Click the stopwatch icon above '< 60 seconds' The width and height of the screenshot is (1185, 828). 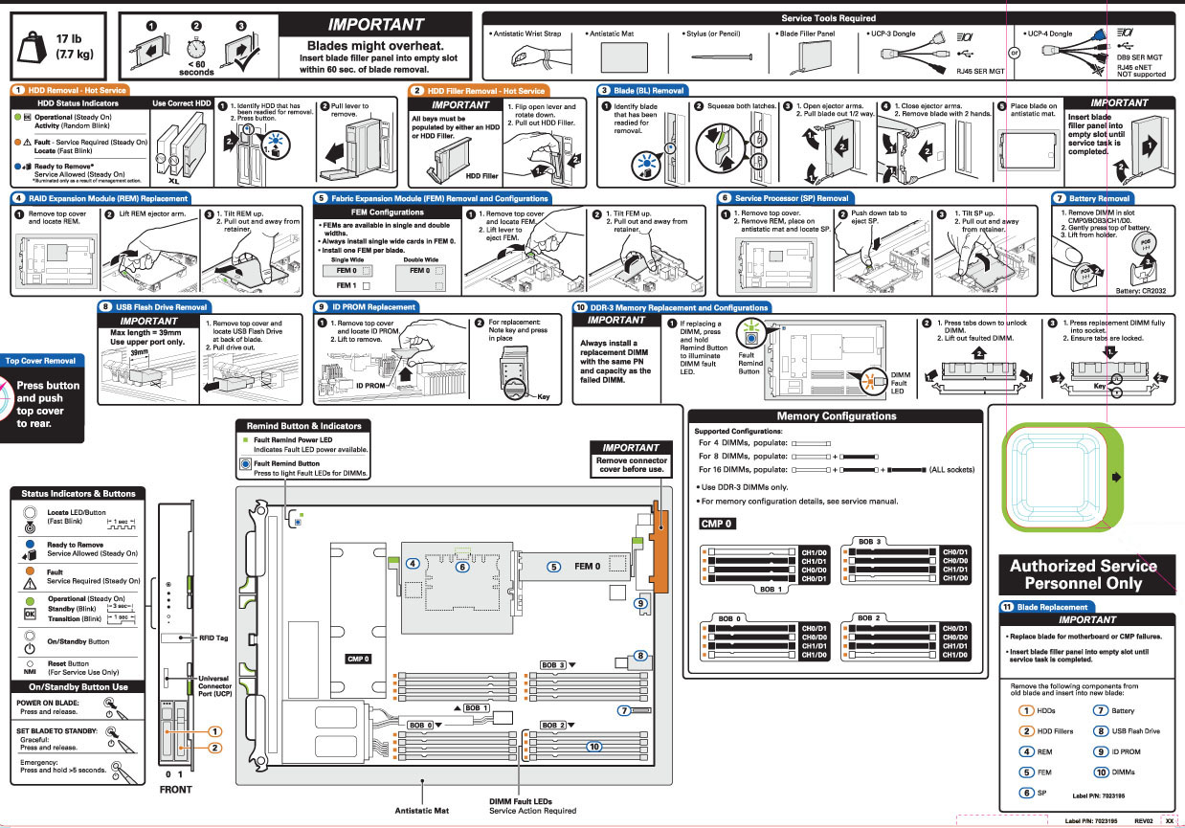click(196, 46)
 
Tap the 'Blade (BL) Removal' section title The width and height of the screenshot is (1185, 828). click(649, 90)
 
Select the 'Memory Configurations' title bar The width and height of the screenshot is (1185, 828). click(836, 416)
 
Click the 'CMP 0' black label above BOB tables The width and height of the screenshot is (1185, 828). click(716, 524)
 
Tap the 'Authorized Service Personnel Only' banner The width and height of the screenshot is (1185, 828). click(1084, 574)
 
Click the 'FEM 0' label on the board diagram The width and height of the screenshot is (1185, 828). click(587, 566)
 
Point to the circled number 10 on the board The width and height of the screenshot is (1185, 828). click(593, 746)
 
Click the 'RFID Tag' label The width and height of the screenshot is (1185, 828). click(212, 638)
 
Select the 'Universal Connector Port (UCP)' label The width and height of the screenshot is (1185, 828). click(215, 685)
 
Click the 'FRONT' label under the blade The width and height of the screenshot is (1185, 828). click(175, 790)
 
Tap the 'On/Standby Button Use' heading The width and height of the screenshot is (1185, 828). click(78, 687)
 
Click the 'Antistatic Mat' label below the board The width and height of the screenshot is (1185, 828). click(422, 810)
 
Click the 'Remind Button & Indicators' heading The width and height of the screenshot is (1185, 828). click(304, 425)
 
